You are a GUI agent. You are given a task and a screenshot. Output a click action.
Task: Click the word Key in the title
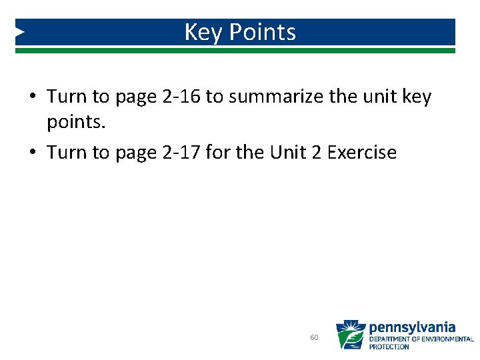[x=201, y=32]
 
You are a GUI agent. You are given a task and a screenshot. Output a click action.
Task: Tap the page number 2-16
[x=181, y=97]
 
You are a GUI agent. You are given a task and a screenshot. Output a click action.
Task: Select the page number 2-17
[x=181, y=153]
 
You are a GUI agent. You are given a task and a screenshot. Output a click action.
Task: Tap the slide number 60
[x=314, y=337]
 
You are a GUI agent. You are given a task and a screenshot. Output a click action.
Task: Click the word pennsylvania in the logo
[x=412, y=327]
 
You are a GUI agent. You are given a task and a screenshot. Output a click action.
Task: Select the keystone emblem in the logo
[x=350, y=335]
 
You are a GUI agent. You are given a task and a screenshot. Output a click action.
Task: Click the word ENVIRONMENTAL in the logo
[x=447, y=339]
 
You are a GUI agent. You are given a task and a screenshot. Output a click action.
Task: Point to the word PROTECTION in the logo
[x=389, y=347]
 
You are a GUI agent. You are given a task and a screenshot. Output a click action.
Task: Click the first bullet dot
[x=32, y=97]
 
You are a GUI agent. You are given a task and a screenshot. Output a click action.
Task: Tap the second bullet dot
[x=32, y=153]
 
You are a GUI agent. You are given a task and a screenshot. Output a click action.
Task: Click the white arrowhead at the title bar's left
[x=20, y=31]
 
